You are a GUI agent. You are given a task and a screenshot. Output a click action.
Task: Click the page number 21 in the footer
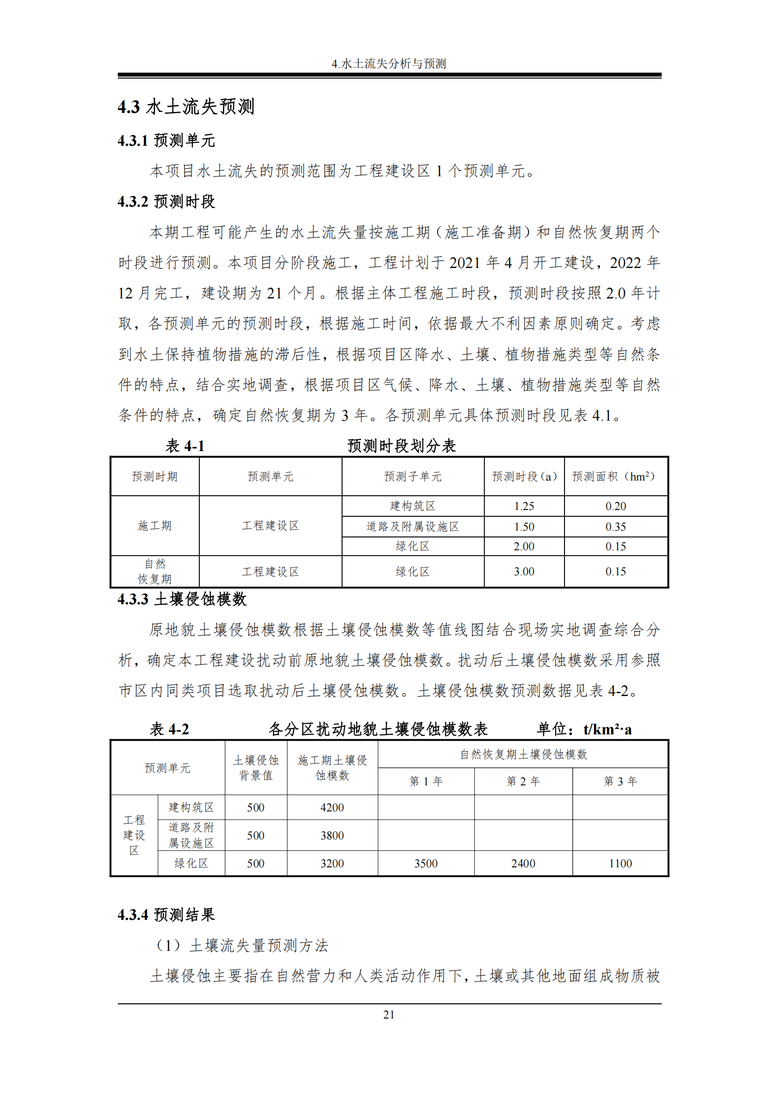389,1015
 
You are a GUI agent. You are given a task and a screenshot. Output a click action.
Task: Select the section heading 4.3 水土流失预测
186,107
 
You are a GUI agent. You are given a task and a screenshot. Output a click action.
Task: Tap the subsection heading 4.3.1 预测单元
166,141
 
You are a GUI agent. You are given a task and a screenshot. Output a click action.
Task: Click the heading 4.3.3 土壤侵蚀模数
182,599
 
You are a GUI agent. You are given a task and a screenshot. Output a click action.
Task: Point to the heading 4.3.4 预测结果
166,915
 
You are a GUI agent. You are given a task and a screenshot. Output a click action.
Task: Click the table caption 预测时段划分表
402,446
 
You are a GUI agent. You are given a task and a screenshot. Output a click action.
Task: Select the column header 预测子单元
413,477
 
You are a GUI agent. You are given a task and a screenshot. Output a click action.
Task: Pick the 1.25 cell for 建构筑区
524,506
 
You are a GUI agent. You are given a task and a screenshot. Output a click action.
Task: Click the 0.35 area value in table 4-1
616,527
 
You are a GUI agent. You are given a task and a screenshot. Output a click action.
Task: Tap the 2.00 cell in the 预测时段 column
524,546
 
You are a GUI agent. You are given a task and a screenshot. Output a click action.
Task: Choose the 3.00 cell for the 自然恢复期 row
524,571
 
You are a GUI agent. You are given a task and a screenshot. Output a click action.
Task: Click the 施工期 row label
155,526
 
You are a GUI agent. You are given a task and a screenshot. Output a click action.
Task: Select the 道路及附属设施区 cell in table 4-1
413,527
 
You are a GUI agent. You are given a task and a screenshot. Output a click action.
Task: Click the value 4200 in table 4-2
332,807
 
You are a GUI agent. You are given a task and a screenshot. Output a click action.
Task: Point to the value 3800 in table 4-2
332,835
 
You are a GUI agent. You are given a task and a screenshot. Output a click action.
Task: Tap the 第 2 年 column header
523,781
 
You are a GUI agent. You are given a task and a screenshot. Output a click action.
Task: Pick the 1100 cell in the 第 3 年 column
620,863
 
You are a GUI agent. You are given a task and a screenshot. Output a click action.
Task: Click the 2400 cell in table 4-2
523,863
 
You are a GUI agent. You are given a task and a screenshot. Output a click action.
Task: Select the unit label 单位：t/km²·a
584,729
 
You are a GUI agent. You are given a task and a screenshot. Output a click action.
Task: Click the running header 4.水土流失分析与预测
389,64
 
